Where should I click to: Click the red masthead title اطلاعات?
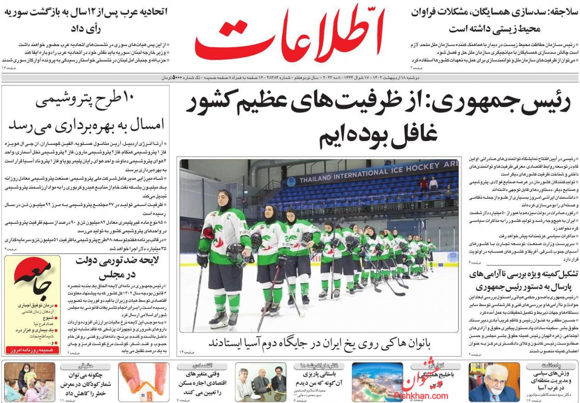click(289, 35)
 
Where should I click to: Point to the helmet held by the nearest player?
click(235, 253)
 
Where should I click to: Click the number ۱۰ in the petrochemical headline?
click(127, 99)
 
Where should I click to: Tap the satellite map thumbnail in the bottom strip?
click(377, 382)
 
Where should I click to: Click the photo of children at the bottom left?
click(29, 382)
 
